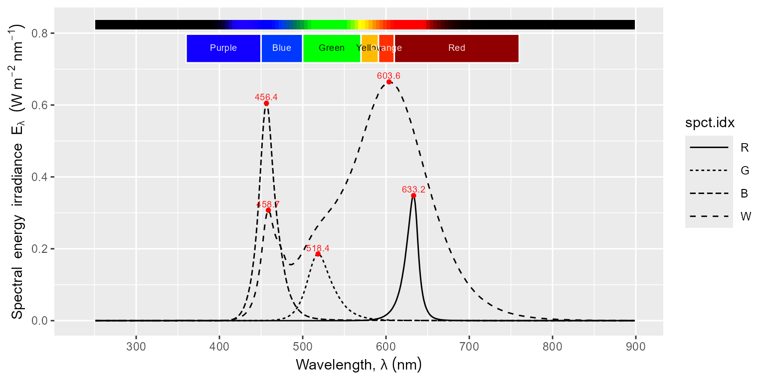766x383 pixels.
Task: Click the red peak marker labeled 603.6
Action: [389, 82]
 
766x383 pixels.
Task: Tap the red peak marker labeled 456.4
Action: [266, 103]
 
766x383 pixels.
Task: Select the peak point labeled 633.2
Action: [413, 195]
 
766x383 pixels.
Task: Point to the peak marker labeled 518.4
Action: [318, 254]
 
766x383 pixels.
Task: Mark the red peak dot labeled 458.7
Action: [268, 210]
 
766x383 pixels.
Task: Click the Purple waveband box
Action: [223, 48]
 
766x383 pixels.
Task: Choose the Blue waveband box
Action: [282, 48]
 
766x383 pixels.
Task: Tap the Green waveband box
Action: [332, 48]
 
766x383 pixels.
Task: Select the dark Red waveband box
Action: [456, 48]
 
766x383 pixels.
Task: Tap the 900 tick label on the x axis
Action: [635, 345]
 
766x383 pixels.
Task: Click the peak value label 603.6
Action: [388, 76]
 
